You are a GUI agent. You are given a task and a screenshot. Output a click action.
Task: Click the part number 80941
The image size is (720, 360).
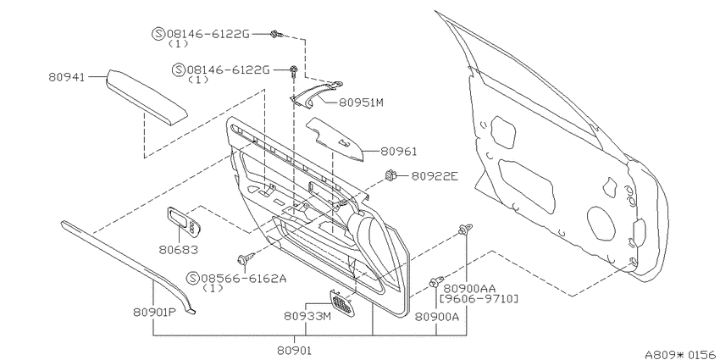tap(67, 77)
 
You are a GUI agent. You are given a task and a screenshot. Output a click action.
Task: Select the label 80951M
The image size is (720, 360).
tap(361, 102)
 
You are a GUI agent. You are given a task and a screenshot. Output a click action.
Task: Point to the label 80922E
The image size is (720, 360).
tap(435, 176)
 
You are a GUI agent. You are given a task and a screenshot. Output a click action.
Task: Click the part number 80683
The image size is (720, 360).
tap(179, 250)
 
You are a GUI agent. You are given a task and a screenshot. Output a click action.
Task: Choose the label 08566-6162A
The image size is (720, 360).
tap(243, 279)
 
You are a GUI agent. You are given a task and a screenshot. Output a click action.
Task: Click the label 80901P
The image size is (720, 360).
tap(155, 312)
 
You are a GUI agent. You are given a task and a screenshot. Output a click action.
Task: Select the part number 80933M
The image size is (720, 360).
tap(307, 316)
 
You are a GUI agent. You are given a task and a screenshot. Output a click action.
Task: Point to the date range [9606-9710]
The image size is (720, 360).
tap(479, 299)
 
